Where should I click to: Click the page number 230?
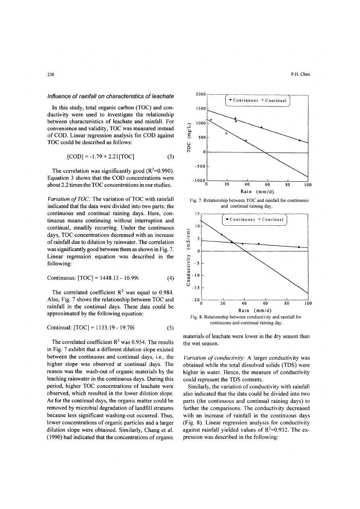[51, 75]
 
